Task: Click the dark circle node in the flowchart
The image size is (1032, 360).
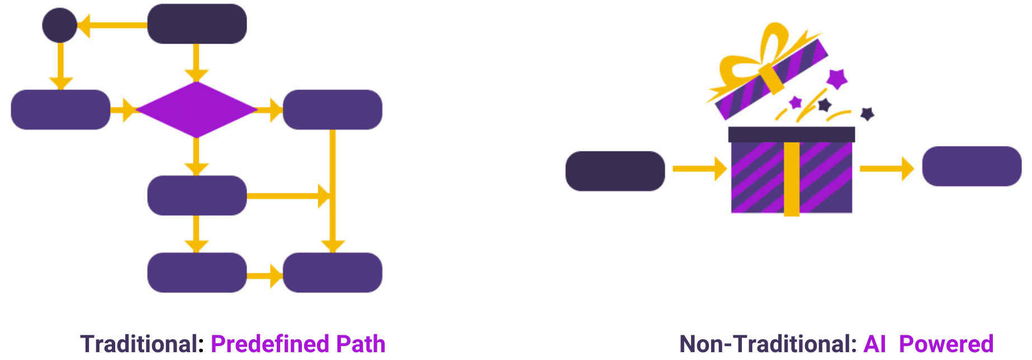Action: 60,25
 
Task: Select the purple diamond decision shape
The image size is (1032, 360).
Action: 196,110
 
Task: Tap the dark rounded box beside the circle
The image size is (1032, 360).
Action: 197,24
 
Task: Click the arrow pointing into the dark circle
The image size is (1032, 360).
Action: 112,25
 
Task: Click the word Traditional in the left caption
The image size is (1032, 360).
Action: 142,344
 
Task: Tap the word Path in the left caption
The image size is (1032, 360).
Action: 361,344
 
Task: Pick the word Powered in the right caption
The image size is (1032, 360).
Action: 946,344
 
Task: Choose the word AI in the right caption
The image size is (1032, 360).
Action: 875,344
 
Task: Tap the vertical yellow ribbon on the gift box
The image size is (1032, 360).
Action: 792,179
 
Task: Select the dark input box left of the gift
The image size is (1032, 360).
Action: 615,171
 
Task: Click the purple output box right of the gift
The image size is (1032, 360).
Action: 972,166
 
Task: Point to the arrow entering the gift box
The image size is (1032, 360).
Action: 699,168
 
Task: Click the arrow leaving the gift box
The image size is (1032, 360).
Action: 886,168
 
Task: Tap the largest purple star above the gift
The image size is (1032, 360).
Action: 837,79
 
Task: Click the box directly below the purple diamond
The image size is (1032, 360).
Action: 197,196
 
